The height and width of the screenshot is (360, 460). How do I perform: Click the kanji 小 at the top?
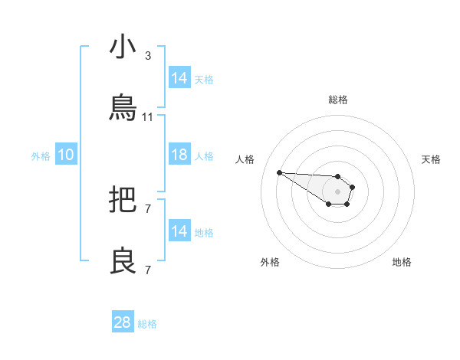coord(123,47)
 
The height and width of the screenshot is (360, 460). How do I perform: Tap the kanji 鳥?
coord(123,108)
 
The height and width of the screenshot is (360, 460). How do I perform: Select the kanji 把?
coord(123,201)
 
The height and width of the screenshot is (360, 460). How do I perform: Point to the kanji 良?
coord(123,261)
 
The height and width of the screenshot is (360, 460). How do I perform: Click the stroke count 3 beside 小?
coord(148,56)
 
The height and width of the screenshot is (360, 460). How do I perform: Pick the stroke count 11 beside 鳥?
coord(148,117)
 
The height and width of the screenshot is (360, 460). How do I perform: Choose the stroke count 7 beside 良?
coord(148,270)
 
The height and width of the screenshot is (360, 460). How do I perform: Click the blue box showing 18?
coord(179,155)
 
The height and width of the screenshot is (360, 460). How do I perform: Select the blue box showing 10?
coord(66,155)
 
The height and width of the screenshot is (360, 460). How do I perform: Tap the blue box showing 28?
coord(123,322)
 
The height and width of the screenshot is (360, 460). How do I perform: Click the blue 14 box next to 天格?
coord(179,78)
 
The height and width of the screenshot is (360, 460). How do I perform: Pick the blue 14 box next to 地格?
coord(179,231)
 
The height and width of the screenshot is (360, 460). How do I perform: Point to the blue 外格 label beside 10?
coord(41,156)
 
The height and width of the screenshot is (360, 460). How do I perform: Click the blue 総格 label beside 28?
coord(147,324)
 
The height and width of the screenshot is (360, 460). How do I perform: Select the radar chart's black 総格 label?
coord(337,100)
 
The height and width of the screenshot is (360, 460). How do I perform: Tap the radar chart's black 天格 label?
coord(431,159)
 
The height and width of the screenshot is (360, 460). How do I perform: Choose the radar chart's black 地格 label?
coord(402,262)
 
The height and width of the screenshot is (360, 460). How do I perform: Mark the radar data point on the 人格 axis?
coord(279,172)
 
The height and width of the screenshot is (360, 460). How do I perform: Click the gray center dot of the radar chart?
coord(337,191)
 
